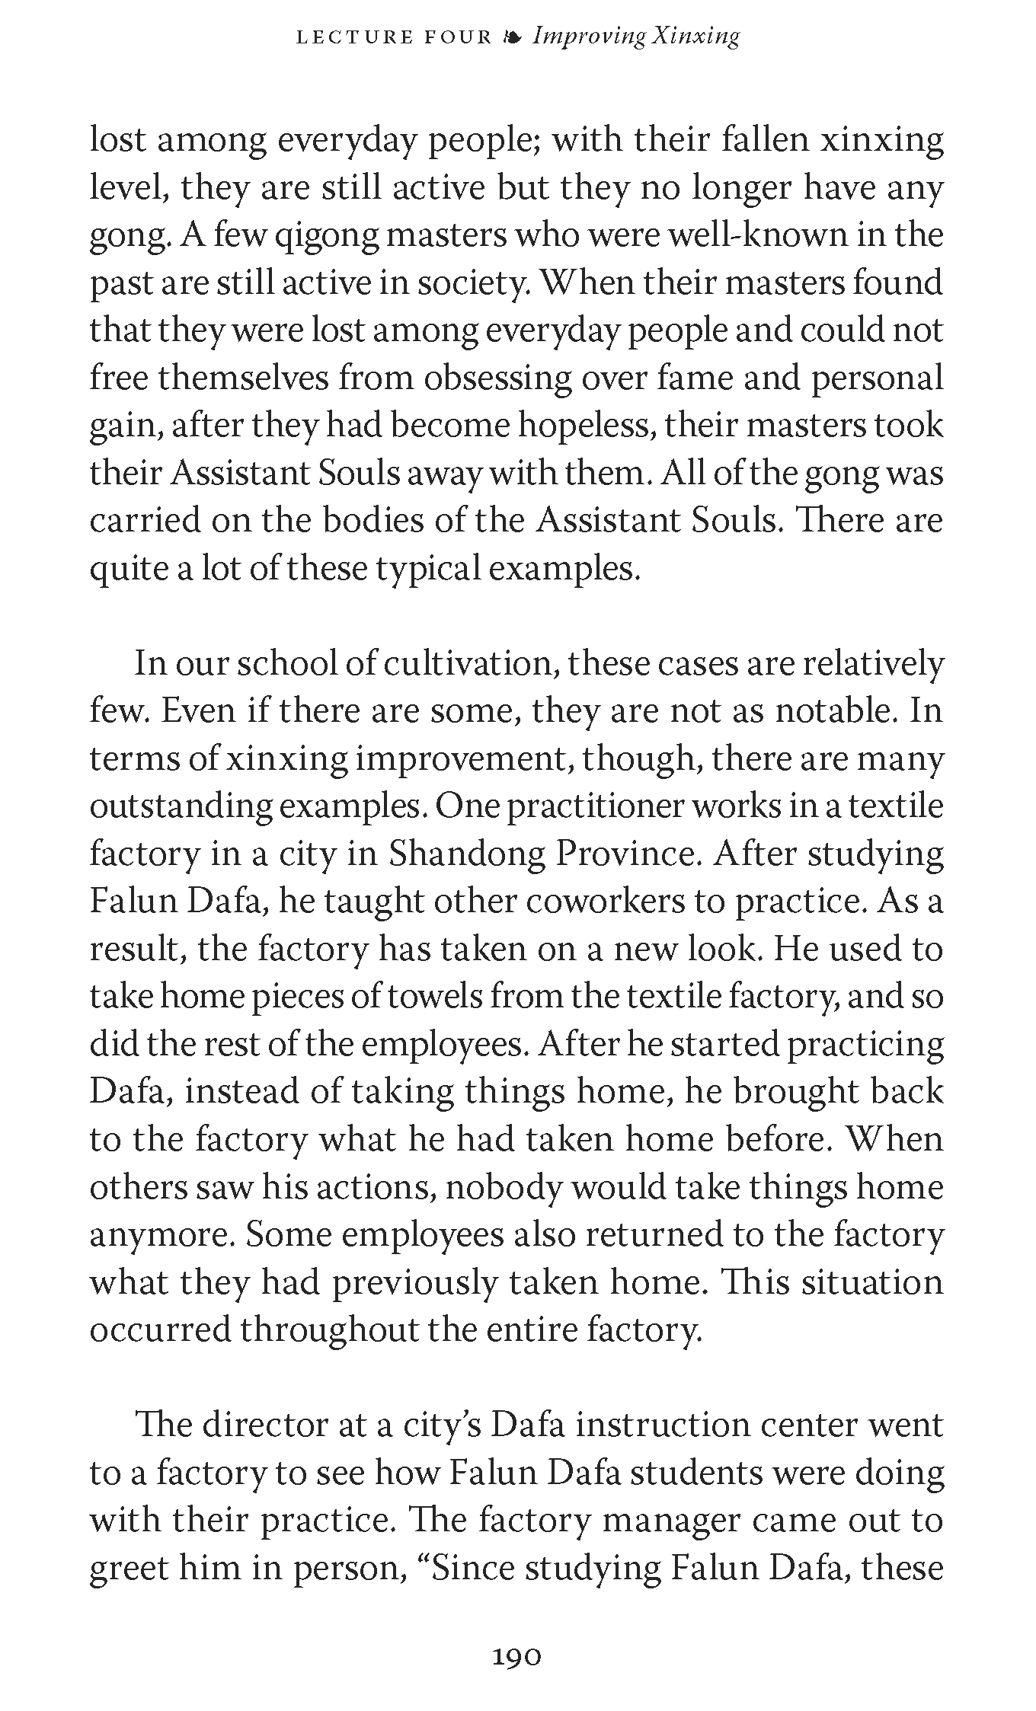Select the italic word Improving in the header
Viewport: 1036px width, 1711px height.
589,37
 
